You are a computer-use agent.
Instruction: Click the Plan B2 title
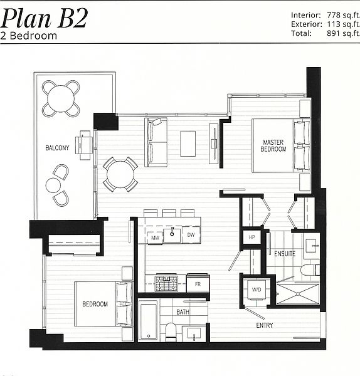[44, 19]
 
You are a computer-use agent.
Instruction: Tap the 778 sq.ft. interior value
[343, 15]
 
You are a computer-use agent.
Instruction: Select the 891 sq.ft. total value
[343, 33]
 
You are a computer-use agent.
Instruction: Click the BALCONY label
[57, 148]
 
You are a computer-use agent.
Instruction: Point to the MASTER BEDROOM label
[273, 145]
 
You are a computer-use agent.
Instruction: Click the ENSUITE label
[285, 253]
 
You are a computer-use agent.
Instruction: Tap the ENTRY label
[265, 325]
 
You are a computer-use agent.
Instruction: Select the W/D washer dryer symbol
[257, 290]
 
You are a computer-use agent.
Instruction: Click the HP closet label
[251, 237]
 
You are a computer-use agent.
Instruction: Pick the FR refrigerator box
[198, 283]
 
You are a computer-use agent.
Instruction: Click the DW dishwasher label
[191, 235]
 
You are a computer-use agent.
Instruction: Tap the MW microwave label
[155, 238]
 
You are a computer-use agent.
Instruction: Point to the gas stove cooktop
[167, 283]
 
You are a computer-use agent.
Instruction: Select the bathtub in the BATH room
[148, 321]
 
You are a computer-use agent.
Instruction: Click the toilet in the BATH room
[171, 332]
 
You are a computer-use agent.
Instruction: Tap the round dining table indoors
[120, 174]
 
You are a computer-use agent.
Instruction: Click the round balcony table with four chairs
[61, 98]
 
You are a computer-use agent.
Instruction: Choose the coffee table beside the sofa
[188, 144]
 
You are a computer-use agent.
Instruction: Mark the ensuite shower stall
[298, 293]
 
